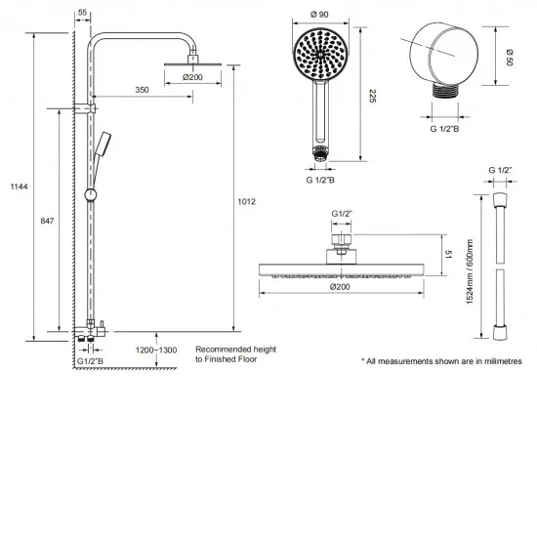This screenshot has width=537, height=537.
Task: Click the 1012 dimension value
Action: point(246,202)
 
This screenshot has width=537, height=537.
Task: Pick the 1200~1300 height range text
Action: point(155,350)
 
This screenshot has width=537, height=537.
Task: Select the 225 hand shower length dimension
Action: point(371,94)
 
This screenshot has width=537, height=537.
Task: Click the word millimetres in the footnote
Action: point(498,361)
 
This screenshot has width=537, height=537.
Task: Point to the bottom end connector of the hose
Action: point(500,331)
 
